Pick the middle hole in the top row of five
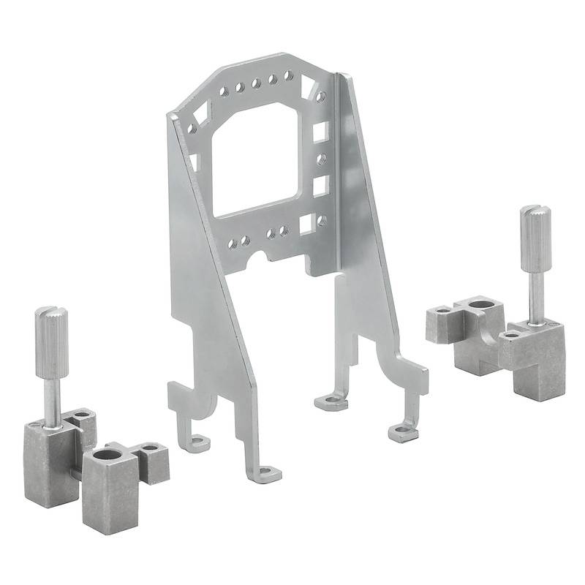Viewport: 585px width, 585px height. pyautogui.click(x=256, y=83)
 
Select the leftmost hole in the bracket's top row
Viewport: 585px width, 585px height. pyautogui.click(x=223, y=92)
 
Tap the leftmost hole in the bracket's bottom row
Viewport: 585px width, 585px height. pyautogui.click(x=232, y=243)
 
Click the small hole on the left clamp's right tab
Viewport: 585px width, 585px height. pyautogui.click(x=151, y=447)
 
